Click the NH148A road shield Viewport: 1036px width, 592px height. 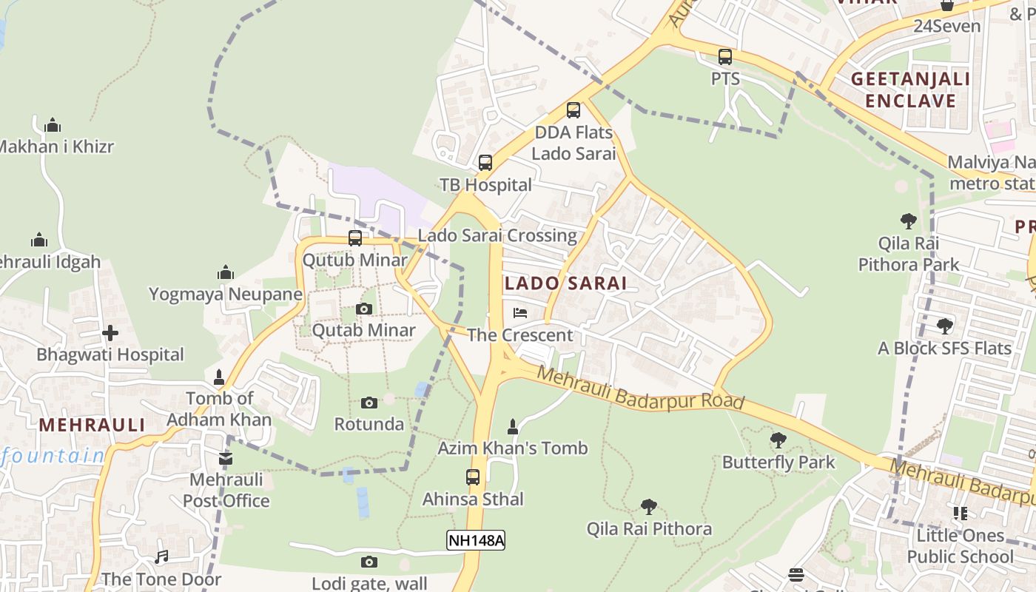476,540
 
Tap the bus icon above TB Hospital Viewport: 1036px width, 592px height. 485,163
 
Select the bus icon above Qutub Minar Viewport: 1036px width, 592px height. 355,238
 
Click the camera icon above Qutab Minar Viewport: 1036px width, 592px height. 363,309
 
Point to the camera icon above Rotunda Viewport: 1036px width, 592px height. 369,403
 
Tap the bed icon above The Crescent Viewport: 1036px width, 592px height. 520,313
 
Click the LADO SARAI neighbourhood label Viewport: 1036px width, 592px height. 565,283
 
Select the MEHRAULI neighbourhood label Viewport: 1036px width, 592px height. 92,425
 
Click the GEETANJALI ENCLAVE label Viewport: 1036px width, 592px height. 910,90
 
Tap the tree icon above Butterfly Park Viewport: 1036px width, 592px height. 778,440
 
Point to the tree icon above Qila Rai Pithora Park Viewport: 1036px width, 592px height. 908,221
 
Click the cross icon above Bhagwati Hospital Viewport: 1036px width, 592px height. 110,333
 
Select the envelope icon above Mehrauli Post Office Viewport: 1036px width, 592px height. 226,459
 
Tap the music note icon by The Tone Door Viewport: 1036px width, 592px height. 161,557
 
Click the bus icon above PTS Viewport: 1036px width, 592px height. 725,56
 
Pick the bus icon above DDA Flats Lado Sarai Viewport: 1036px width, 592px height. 573,110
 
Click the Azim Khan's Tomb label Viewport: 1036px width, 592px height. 512,448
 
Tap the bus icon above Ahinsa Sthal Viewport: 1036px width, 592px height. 473,477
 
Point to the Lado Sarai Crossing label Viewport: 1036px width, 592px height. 497,235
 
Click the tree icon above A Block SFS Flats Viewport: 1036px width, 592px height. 944,326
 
